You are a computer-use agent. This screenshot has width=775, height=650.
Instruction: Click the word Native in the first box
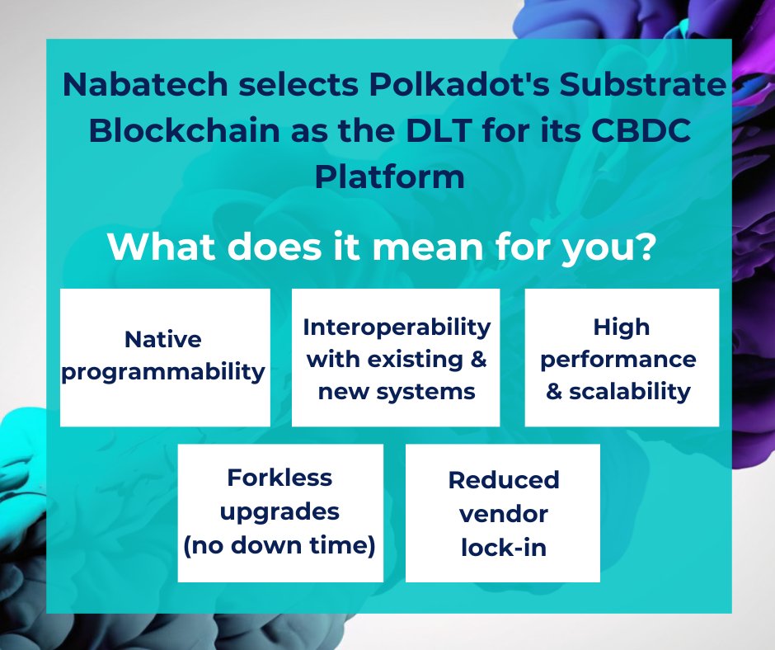tap(163, 339)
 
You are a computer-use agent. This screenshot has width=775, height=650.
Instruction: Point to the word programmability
tap(165, 372)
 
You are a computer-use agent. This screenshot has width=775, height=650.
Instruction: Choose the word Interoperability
tap(397, 327)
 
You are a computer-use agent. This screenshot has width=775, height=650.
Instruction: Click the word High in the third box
tap(622, 327)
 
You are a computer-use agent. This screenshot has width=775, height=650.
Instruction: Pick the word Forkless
tap(279, 478)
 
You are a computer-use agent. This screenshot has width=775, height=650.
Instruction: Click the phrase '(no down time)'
tap(280, 545)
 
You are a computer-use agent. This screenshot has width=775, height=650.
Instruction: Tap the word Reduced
tap(504, 479)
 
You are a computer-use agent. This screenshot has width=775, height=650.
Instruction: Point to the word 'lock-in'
tap(504, 547)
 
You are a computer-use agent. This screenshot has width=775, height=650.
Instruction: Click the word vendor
tap(504, 514)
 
